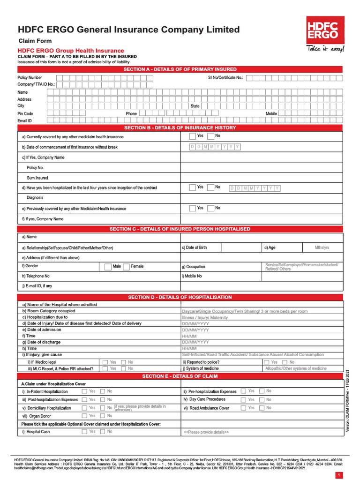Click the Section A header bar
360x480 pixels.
click(x=180, y=69)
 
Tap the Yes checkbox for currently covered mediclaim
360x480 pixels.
click(x=193, y=136)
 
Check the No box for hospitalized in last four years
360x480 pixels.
click(x=210, y=187)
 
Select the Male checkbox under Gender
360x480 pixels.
click(x=108, y=267)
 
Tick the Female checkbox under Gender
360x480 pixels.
click(x=126, y=267)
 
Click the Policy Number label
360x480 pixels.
click(x=30, y=77)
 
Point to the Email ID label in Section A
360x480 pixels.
click(x=24, y=120)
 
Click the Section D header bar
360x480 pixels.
click(x=180, y=297)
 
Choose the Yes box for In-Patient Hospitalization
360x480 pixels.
click(x=84, y=391)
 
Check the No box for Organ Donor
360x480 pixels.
click(x=103, y=416)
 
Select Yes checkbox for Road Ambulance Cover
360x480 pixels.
click(x=243, y=408)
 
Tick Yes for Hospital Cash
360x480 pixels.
click(x=84, y=432)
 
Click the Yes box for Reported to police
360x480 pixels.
click(x=267, y=362)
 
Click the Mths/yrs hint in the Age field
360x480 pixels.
click(x=322, y=247)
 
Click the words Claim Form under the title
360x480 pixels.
click(x=35, y=41)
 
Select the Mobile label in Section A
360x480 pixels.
click(x=271, y=113)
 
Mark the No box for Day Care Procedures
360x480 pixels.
click(x=261, y=400)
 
